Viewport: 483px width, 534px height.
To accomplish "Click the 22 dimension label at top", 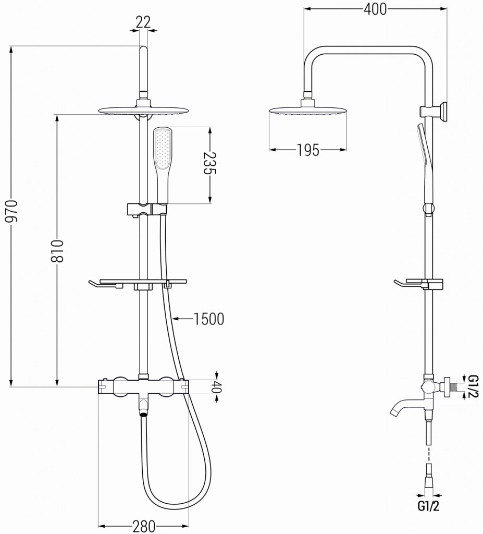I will (143, 21).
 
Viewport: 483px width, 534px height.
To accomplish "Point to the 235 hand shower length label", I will (210, 164).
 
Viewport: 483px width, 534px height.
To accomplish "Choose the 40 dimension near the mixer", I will (218, 387).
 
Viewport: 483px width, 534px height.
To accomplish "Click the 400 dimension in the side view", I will (375, 9).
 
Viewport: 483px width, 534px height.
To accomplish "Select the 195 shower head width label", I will (307, 151).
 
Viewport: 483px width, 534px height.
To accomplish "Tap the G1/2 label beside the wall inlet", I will (473, 386).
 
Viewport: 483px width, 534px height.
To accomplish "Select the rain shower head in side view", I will (308, 111).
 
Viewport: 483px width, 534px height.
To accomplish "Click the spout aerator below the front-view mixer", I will (143, 415).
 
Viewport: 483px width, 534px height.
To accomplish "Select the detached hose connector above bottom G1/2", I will (429, 475).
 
